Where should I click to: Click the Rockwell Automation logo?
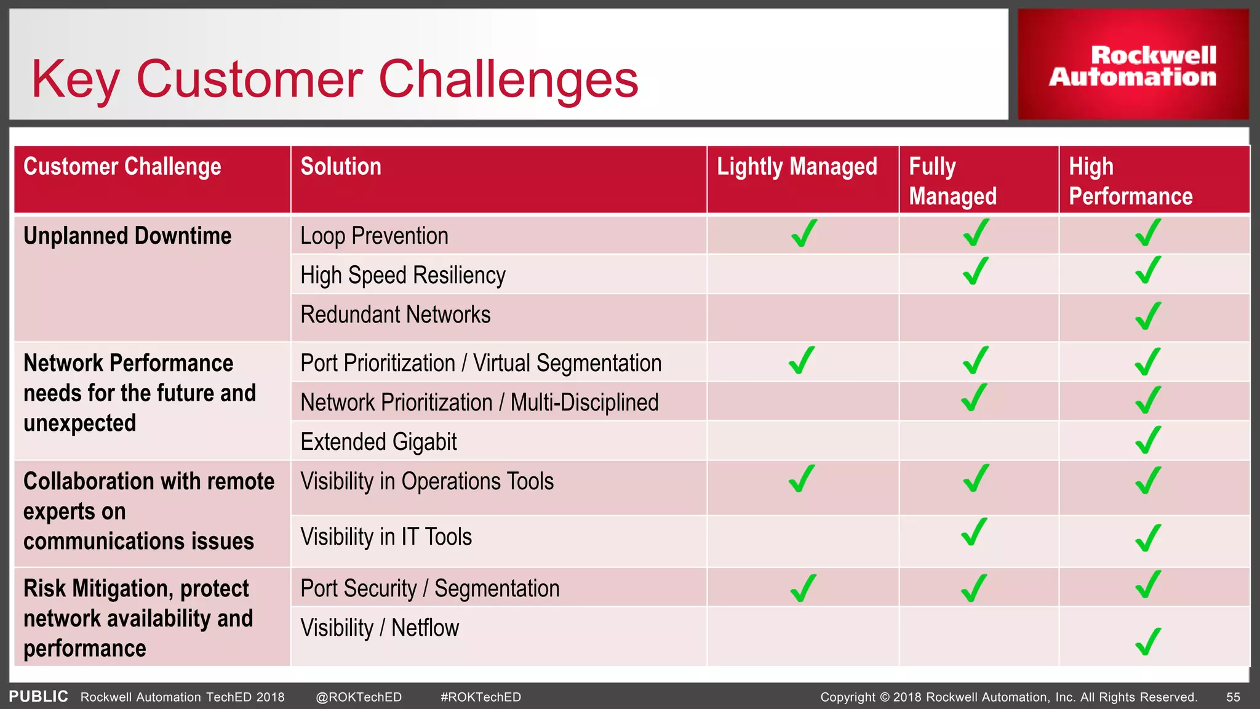coord(1133,65)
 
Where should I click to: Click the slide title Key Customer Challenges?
coord(335,79)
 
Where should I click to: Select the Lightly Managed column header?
coord(797,167)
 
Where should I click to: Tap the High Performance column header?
coord(1130,181)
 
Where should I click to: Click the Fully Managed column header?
coord(952,181)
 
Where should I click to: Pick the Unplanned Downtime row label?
coord(127,236)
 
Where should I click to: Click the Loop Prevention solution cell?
coord(374,236)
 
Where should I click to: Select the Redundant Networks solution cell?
coord(395,315)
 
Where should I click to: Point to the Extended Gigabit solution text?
coord(378,442)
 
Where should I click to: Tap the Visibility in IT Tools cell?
coord(386,537)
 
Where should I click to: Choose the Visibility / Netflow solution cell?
coord(380,628)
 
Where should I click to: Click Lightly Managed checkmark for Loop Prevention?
coord(803,233)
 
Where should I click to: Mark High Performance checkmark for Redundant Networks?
coord(1148,316)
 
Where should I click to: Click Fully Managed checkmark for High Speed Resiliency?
coord(976,271)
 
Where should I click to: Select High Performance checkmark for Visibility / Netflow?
coord(1148,641)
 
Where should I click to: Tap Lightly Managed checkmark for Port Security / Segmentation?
coord(803,588)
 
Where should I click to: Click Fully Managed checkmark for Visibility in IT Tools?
coord(975,532)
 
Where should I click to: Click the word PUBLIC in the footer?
coord(38,696)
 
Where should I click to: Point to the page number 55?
coord(1233,697)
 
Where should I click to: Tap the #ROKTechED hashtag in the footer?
coord(480,697)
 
